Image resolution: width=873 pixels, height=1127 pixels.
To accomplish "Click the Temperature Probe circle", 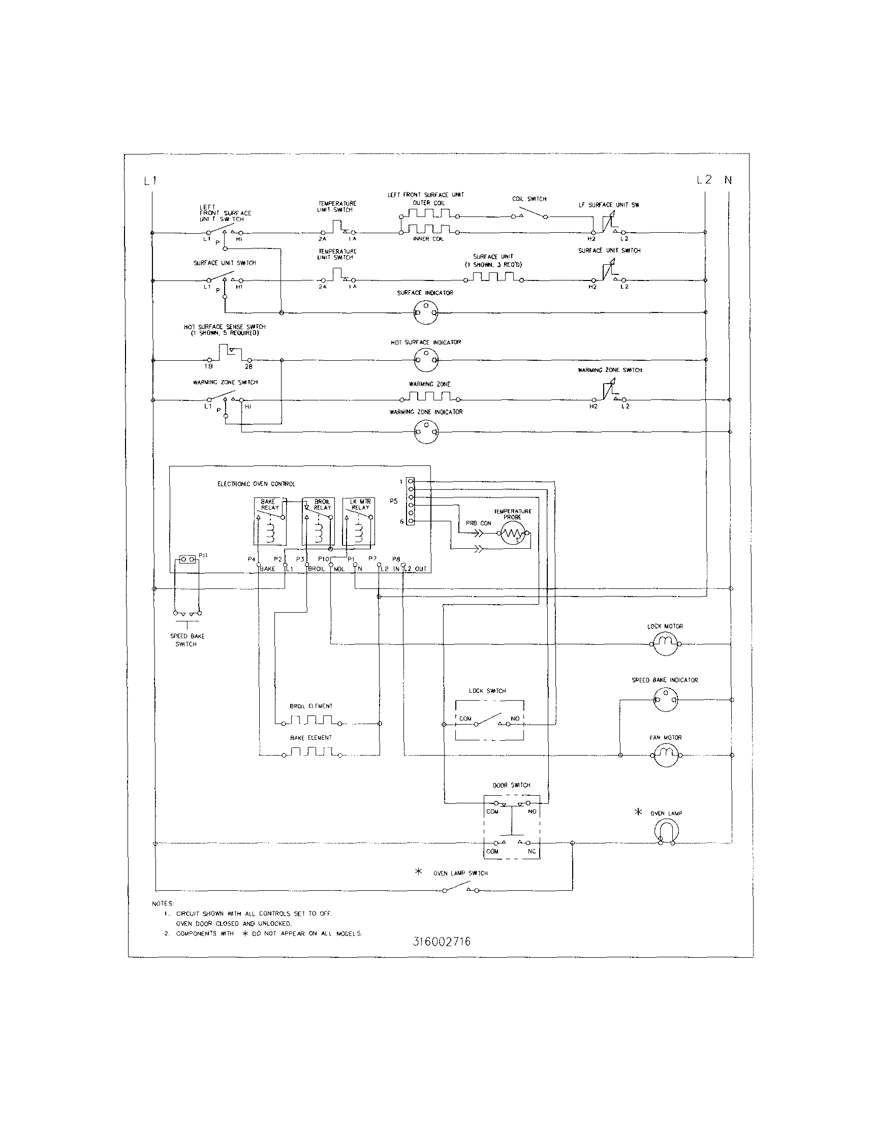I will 512,535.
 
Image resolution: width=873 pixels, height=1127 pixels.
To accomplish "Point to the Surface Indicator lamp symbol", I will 426,312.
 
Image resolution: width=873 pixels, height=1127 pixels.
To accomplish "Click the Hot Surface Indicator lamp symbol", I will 426,360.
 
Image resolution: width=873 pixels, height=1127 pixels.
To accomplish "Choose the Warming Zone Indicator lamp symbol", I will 426,431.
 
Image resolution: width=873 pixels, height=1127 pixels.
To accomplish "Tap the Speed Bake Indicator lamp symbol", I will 666,700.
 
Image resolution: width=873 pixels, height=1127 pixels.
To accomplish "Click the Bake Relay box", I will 270,521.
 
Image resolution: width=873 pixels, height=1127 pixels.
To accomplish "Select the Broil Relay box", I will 318,521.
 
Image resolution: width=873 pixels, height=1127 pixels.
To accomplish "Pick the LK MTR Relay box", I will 359,521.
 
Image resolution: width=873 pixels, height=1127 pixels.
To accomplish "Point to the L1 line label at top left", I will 150,181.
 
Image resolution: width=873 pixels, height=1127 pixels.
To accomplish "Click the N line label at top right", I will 728,180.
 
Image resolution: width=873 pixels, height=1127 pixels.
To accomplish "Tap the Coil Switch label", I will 529,199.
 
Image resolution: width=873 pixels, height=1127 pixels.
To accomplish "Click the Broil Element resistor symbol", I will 311,721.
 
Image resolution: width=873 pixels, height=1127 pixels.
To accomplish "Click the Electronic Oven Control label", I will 257,484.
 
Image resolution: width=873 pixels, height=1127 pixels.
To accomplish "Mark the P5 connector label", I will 394,501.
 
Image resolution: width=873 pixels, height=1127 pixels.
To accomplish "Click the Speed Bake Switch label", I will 187,640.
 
